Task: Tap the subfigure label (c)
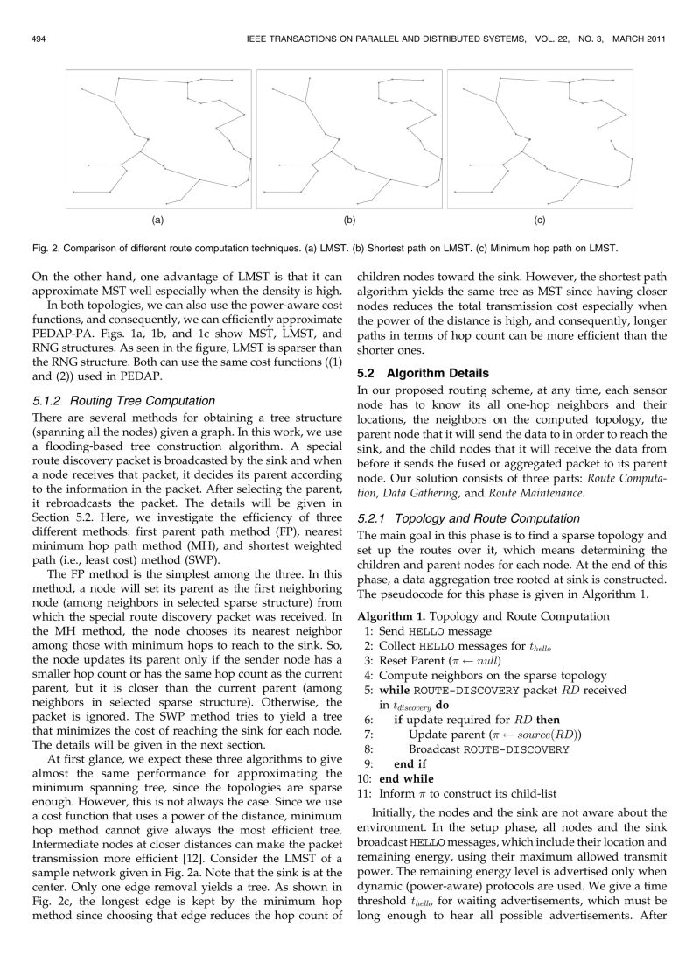pos(540,219)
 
